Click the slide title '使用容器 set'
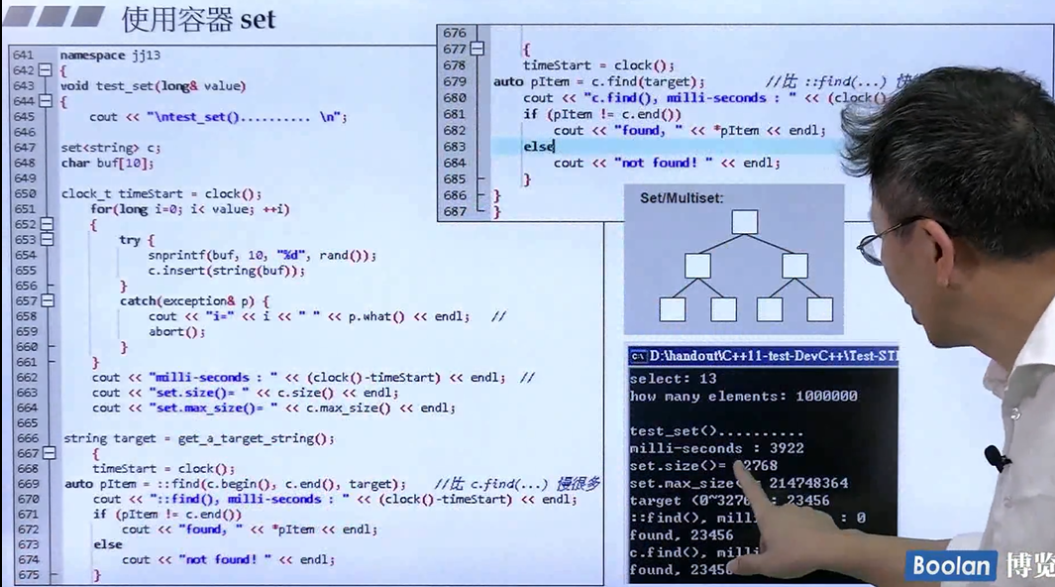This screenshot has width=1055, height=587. pyautogui.click(x=198, y=19)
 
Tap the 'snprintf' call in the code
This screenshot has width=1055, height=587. pyautogui.click(x=175, y=255)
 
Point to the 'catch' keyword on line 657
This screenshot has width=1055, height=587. pyautogui.click(x=138, y=300)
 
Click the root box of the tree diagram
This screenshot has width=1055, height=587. pyautogui.click(x=744, y=222)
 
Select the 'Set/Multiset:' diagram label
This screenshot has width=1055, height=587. pyautogui.click(x=682, y=198)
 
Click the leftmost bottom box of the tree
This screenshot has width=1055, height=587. pyautogui.click(x=673, y=309)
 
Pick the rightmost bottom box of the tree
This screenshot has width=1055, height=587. pyautogui.click(x=819, y=309)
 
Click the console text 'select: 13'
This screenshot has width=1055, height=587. pyautogui.click(x=673, y=379)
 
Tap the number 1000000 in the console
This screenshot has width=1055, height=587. pyautogui.click(x=824, y=396)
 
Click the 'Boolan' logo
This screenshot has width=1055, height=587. pyautogui.click(x=950, y=566)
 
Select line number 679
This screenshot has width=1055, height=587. pyautogui.click(x=455, y=81)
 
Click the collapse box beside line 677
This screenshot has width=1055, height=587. pyautogui.click(x=477, y=49)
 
